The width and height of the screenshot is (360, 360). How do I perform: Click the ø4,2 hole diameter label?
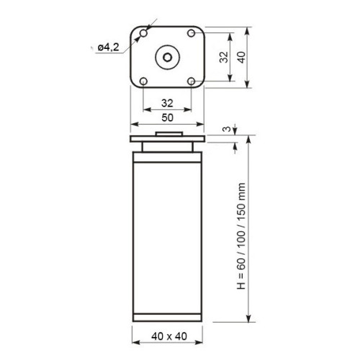(x=109, y=48)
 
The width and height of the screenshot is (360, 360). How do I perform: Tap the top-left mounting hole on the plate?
(x=143, y=33)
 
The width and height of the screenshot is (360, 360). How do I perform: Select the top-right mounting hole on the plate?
(x=191, y=33)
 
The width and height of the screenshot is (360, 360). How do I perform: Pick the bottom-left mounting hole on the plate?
(x=143, y=81)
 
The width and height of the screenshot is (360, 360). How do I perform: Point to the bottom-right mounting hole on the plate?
(x=191, y=81)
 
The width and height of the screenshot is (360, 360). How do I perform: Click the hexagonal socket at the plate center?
(x=167, y=57)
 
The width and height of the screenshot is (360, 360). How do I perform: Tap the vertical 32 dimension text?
(x=224, y=57)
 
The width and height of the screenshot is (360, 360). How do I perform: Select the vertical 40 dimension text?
(x=241, y=58)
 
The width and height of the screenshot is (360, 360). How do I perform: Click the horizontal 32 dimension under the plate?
(x=167, y=103)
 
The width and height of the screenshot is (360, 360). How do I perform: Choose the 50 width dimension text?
(x=167, y=117)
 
